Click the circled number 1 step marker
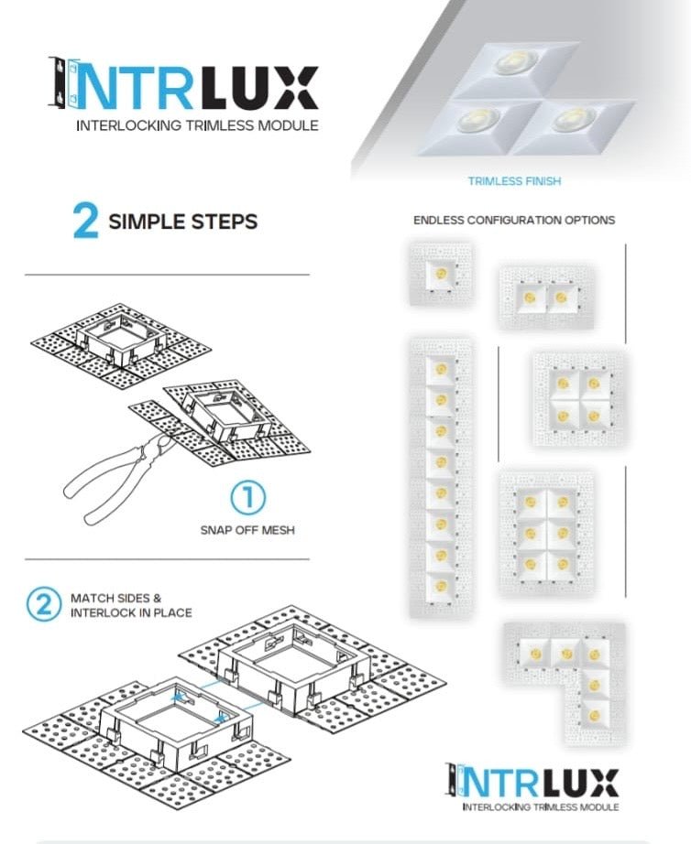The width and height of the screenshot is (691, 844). coord(247,499)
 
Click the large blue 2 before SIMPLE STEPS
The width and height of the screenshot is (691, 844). coord(85,222)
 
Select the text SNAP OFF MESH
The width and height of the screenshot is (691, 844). coord(247,530)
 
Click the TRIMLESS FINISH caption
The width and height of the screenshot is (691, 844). coord(514,181)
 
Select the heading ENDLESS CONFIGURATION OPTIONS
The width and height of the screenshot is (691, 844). coord(514,221)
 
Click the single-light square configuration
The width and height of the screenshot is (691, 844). coord(441,274)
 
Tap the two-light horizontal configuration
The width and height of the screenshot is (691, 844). coord(546,297)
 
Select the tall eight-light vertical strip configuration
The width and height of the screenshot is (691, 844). coord(441,476)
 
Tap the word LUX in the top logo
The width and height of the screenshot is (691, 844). coord(258,88)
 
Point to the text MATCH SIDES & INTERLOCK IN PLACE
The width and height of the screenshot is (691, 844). coord(131,605)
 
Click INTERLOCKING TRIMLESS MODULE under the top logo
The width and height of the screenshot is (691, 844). coord(197,125)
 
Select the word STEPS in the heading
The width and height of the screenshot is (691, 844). coord(224,222)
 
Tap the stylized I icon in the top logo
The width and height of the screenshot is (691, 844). coord(60,83)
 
